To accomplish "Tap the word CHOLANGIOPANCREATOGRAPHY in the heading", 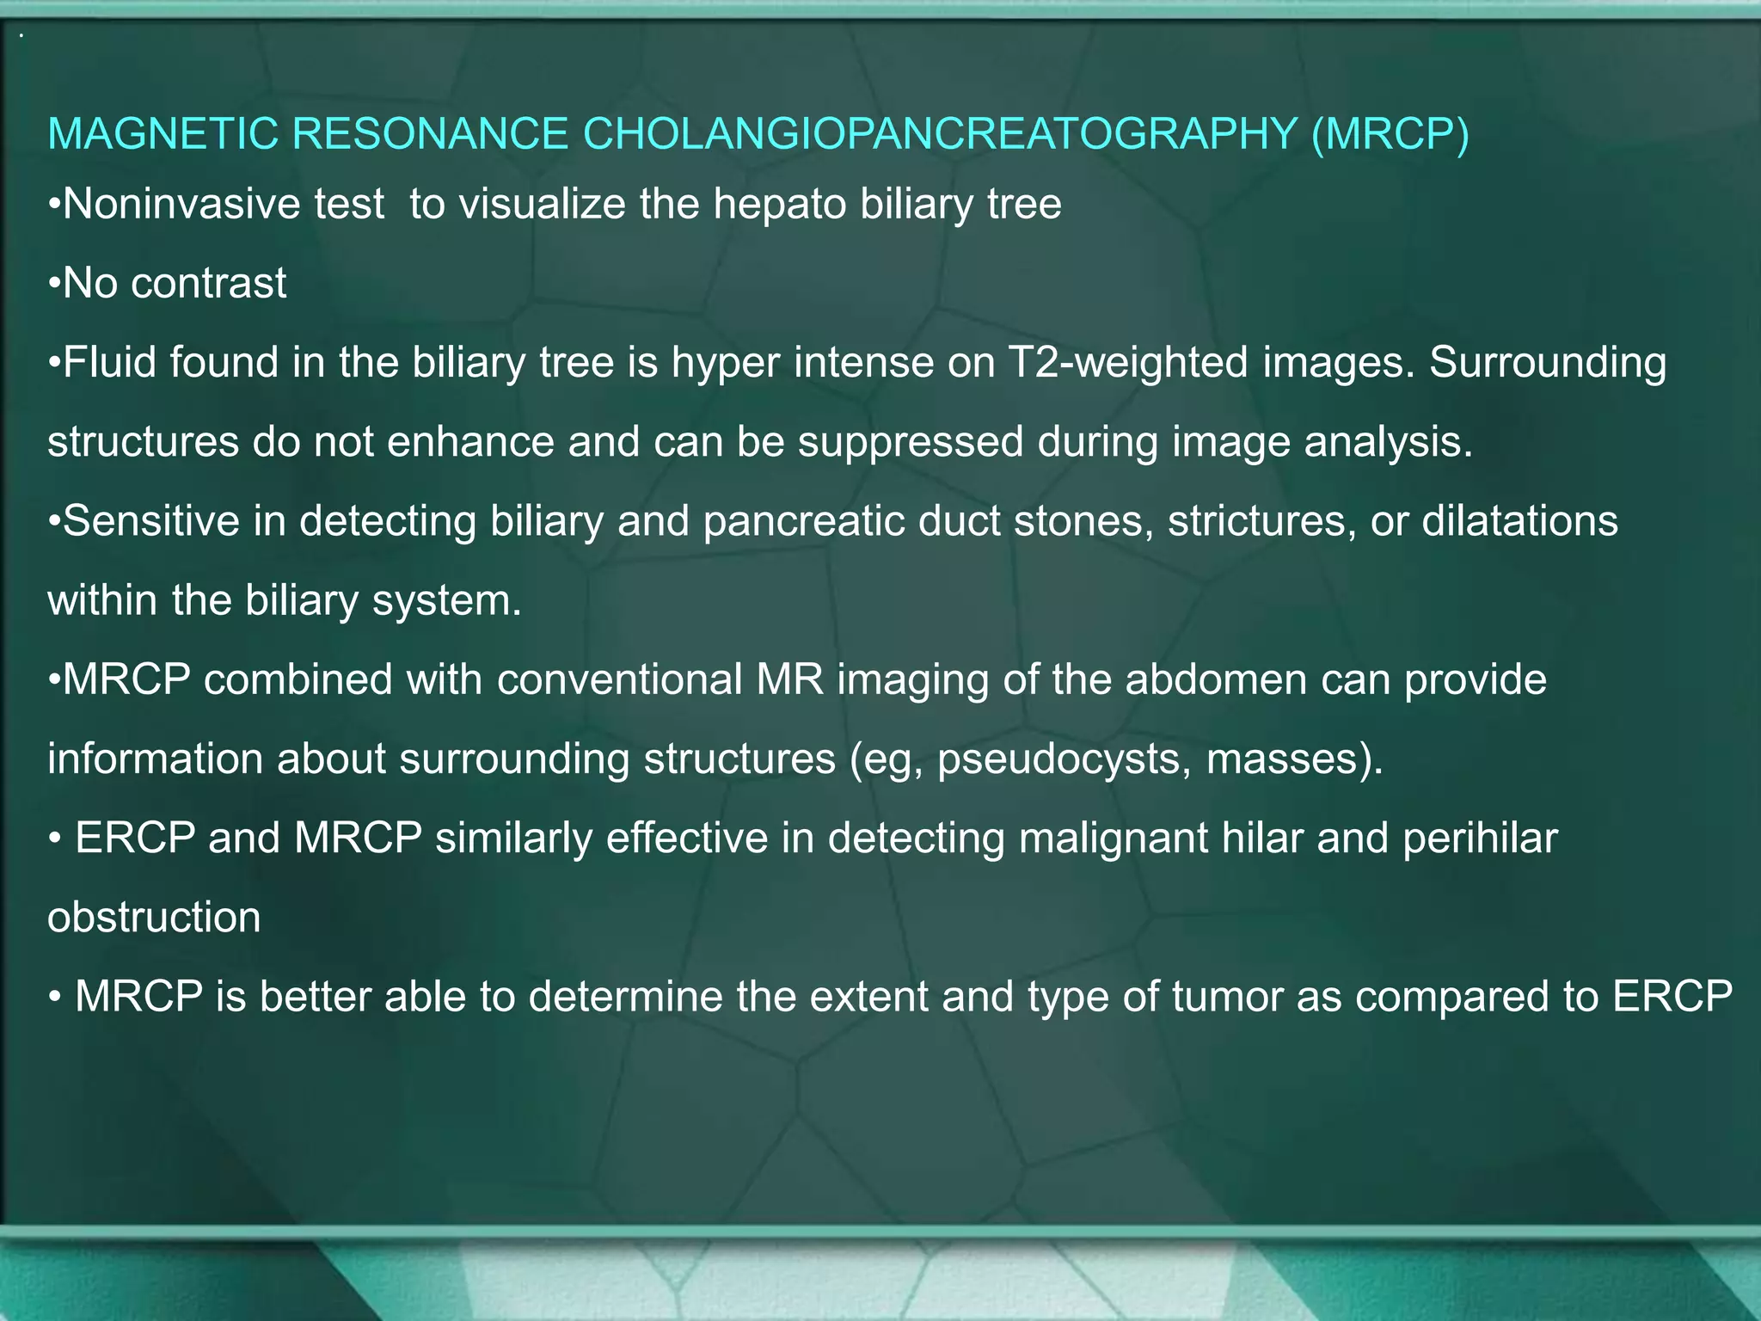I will coord(940,134).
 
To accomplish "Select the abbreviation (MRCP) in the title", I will coord(1390,134).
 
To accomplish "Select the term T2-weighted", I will coord(1127,363).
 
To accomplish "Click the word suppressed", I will coord(911,442).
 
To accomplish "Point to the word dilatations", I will coord(1520,521).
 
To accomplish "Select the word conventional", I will coord(620,680).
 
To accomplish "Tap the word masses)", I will coord(1295,759).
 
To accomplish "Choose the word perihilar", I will coord(1480,839).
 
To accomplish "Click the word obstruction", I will coord(154,918).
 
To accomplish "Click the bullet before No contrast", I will coord(54,284).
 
